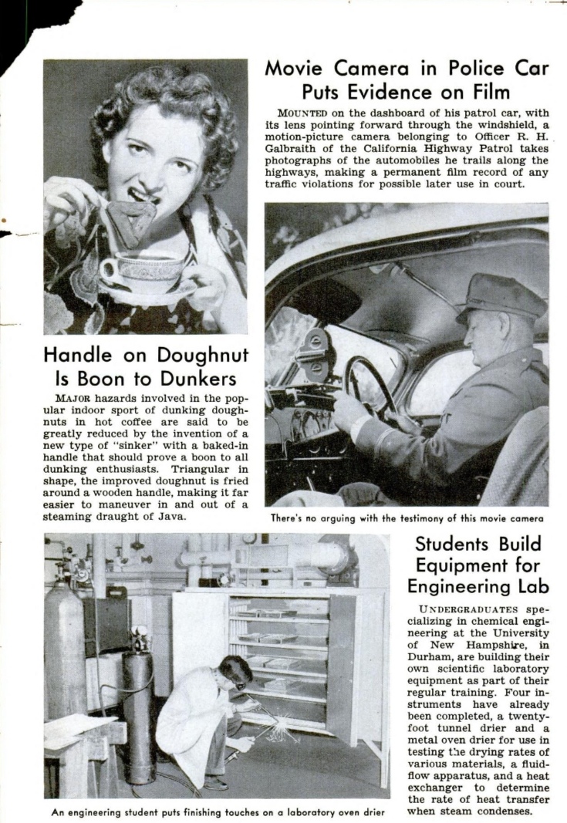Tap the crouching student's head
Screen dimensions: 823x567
[233, 669]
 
